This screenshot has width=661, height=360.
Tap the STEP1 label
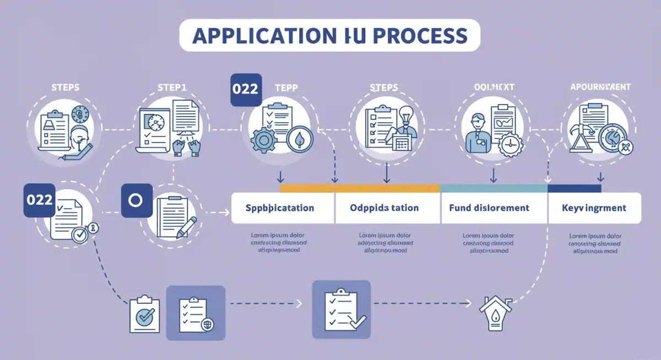coord(172,88)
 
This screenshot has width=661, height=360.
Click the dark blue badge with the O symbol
coord(136,200)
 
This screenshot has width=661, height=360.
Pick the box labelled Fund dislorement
coord(489,208)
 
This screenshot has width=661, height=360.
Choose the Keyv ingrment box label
coord(594,208)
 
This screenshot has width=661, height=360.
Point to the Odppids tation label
coord(384,208)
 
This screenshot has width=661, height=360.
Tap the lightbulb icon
coord(407,117)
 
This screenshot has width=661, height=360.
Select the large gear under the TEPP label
coord(263,140)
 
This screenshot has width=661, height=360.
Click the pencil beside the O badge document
coord(186,227)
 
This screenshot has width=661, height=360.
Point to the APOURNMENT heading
coord(601,87)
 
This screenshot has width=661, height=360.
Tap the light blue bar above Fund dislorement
coord(494,188)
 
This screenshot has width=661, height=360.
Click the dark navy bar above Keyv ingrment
coord(574,188)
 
